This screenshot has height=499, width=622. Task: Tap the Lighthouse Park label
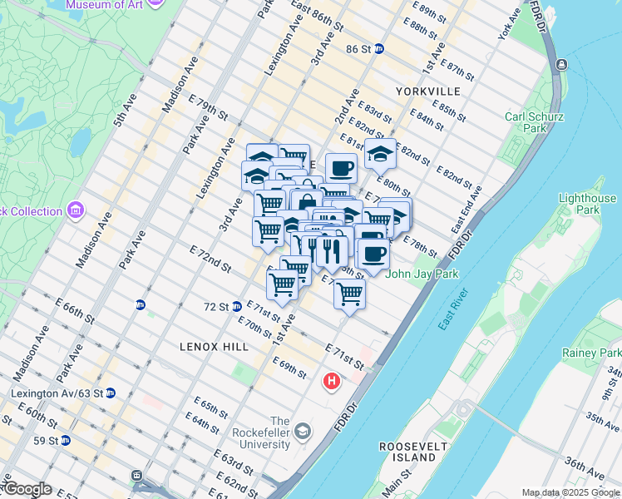click(x=587, y=205)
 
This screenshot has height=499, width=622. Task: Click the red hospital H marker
click(x=332, y=382)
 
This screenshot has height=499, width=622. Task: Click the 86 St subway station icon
click(x=378, y=49)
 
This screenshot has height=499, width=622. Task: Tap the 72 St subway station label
click(x=215, y=306)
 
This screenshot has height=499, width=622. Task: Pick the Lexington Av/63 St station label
click(x=57, y=393)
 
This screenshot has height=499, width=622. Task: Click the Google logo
click(x=27, y=489)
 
